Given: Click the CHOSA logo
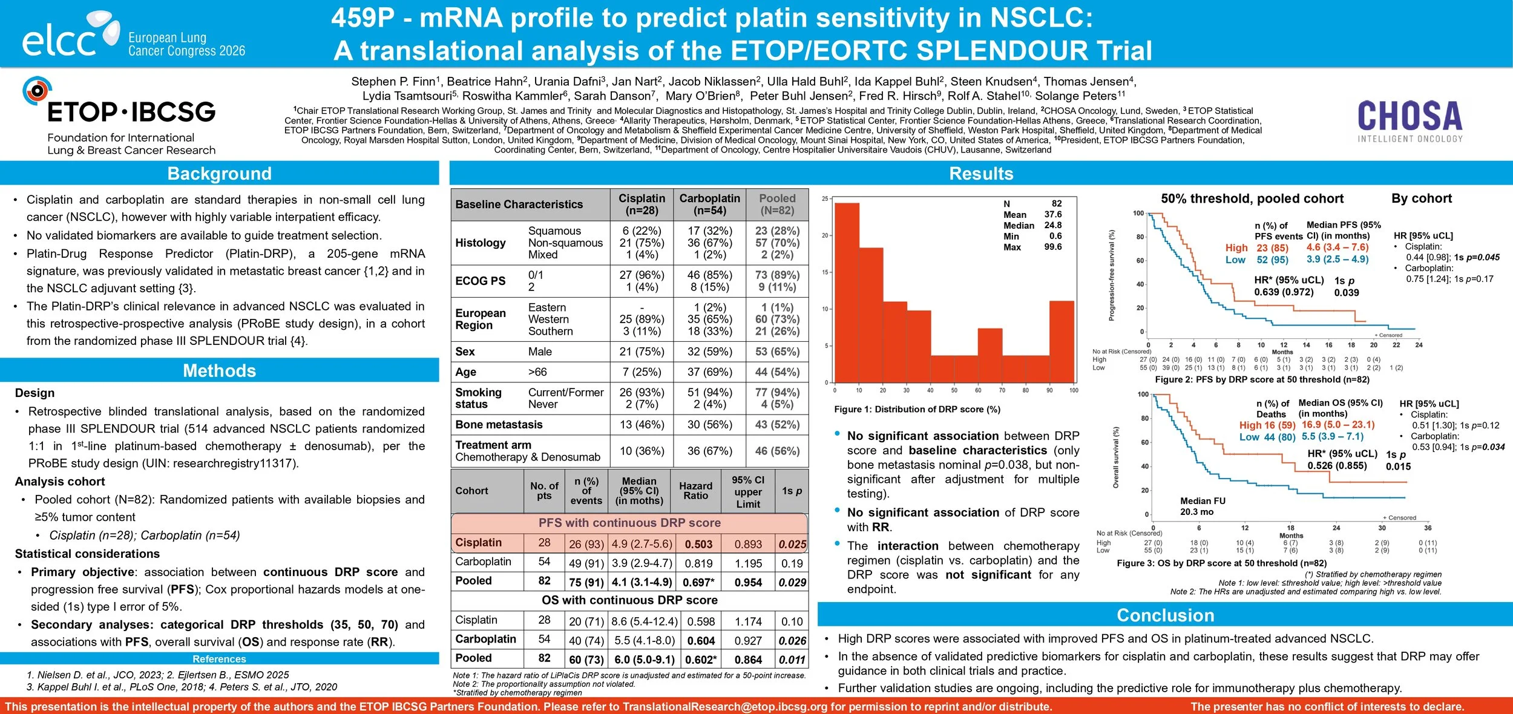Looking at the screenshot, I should [x=1410, y=120].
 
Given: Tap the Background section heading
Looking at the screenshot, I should [x=219, y=174].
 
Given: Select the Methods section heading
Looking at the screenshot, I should [x=219, y=370].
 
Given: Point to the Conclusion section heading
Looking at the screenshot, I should [x=1165, y=615].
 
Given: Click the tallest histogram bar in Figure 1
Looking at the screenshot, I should [x=847, y=290].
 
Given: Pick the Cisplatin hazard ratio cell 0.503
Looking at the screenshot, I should [x=698, y=544].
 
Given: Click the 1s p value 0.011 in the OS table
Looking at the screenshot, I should [x=792, y=660].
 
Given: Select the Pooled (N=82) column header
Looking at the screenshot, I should [x=777, y=205].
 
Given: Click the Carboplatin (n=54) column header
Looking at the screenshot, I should [x=709, y=205].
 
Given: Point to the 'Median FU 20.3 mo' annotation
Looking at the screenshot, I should [x=1203, y=506].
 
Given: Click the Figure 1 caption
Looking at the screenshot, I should [x=917, y=410].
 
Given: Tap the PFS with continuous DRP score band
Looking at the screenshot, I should [x=629, y=523].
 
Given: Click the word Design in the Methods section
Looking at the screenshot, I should [x=34, y=393].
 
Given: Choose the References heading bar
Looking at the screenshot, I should [x=219, y=659].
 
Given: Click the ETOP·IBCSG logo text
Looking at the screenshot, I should [x=131, y=112].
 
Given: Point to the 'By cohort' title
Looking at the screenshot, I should [x=1421, y=198].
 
